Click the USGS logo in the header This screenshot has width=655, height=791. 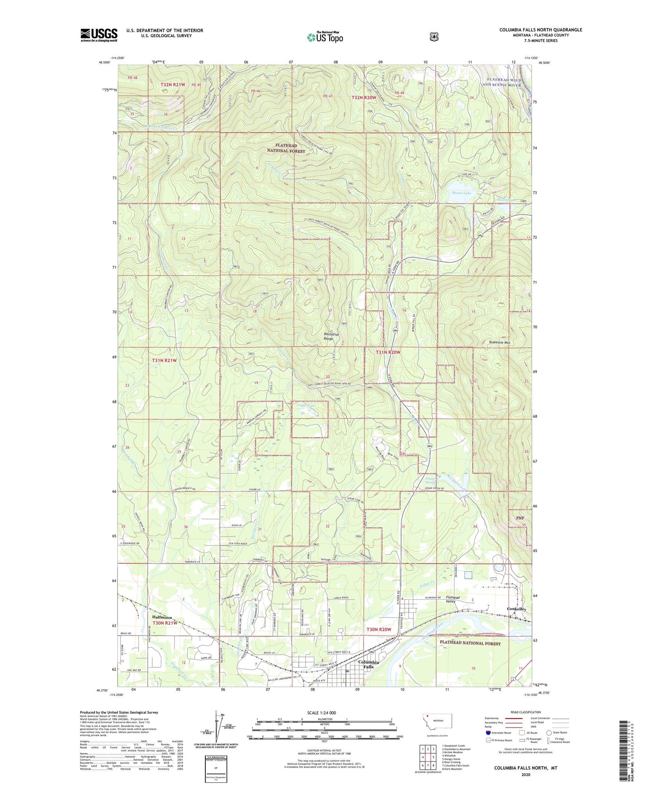tap(99, 35)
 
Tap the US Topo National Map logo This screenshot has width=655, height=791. tap(324, 37)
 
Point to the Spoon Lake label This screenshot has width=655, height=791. tap(461, 193)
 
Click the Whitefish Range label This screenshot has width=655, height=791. tap(335, 337)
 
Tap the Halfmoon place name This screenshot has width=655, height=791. tap(162, 617)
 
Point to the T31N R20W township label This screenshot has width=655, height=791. tap(388, 352)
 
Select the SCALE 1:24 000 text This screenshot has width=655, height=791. tap(321, 713)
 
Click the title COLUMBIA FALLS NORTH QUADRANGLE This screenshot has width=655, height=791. tap(540, 30)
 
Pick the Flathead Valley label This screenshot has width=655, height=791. tap(452, 600)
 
